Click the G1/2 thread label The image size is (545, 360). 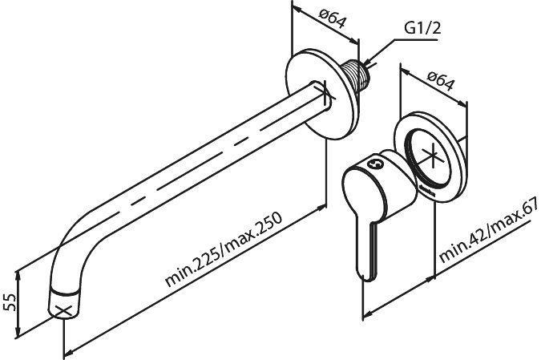pos(422,28)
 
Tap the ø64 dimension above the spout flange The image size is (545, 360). pos(333,19)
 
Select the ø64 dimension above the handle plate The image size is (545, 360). pos(441,81)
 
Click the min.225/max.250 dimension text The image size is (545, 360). pos(223,249)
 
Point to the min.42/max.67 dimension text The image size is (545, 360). pos(489,231)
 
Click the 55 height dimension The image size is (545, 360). pos(10,302)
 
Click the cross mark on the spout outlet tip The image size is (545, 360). pos(63,311)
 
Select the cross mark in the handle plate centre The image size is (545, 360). pos(432,156)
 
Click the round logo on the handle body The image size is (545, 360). pos(375,163)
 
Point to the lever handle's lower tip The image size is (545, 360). pos(364,276)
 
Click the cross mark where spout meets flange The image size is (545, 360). pos(325,94)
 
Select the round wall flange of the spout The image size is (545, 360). pos(322,94)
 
